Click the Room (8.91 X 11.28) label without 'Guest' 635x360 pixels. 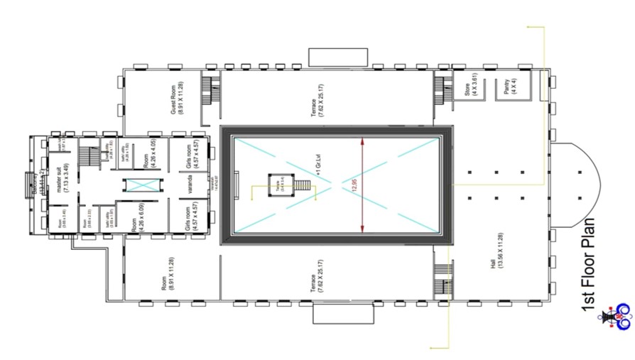click(168, 273)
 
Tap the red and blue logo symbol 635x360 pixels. click(616, 318)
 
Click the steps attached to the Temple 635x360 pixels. click(303, 186)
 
